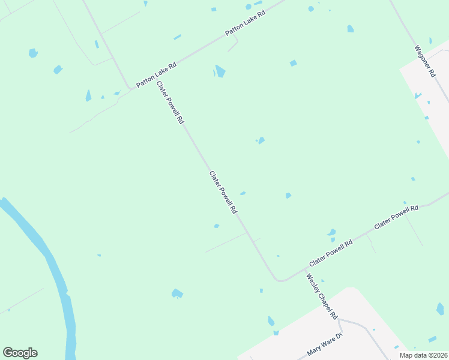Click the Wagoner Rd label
[424, 61]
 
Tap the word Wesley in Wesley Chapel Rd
[315, 286]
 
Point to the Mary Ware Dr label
[324, 344]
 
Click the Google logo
[20, 353]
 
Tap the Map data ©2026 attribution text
[423, 355]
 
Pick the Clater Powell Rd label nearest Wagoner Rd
[396, 217]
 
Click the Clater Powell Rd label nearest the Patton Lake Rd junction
[170, 103]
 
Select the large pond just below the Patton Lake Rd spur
[220, 72]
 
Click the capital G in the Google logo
[8, 353]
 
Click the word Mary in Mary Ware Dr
[313, 349]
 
